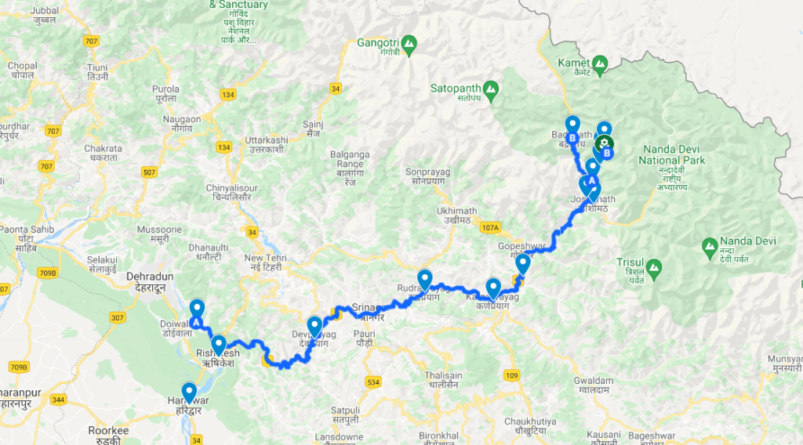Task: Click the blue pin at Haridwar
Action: (189, 392)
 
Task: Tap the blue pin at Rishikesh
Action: (218, 344)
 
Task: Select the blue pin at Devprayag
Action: (314, 325)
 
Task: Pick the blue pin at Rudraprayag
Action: (425, 278)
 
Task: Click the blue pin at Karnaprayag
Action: (493, 288)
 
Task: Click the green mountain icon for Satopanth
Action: (492, 89)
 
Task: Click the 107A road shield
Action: (491, 227)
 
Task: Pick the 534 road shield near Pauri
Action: (372, 382)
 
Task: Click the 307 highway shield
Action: (118, 317)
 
